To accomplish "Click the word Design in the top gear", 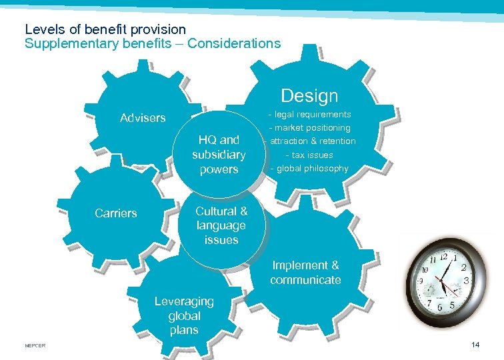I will coord(309,96).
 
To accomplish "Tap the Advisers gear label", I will coord(143,118).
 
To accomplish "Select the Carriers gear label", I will coord(116,213).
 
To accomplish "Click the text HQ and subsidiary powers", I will coord(219,155).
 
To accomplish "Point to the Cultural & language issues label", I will coord(221,225).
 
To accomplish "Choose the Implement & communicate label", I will coord(305,273).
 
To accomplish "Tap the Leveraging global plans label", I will coord(184,315).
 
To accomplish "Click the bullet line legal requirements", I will coord(309,115).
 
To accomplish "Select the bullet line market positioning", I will coord(309,127).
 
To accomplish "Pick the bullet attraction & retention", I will coord(311,141).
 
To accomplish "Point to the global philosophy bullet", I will coord(309,168).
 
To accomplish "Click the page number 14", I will coord(475,345).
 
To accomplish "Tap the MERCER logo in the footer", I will coord(34,345).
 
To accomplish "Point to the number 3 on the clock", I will coord(467,281).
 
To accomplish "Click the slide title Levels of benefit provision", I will coord(105,29).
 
